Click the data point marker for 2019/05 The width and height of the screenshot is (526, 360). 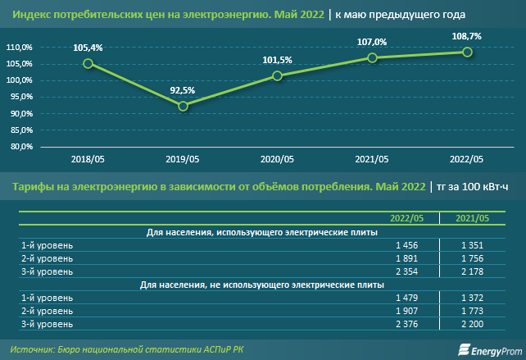coord(183,106)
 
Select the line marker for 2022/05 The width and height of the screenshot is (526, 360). coord(467,52)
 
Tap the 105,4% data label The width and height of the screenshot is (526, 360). coord(88,48)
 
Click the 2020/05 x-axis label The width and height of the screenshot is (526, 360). coord(278,159)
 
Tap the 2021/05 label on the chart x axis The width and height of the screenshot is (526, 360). coord(372,159)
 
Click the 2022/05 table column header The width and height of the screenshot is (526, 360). coord(406,218)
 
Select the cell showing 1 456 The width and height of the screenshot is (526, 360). coord(406,245)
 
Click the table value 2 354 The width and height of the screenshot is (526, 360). coord(406,271)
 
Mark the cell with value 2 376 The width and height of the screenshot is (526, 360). coord(406,323)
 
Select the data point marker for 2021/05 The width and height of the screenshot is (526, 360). coord(372,57)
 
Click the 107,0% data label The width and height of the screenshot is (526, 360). coord(372,41)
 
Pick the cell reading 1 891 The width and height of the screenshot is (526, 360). coord(406,258)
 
